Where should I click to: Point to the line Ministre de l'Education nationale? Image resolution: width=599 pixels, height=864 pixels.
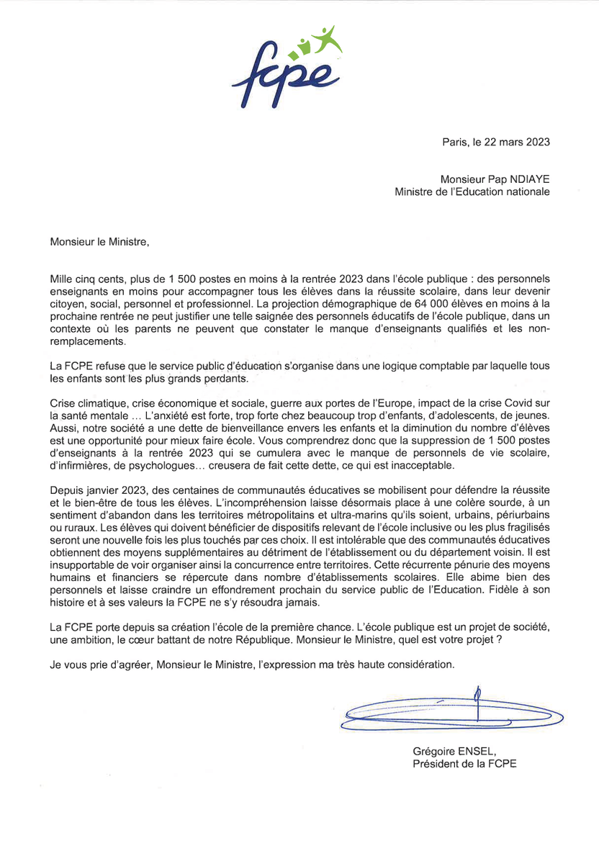(x=472, y=192)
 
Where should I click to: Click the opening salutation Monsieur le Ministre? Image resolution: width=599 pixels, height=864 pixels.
(x=99, y=242)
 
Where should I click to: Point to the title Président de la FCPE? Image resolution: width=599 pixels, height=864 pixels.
(x=464, y=764)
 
